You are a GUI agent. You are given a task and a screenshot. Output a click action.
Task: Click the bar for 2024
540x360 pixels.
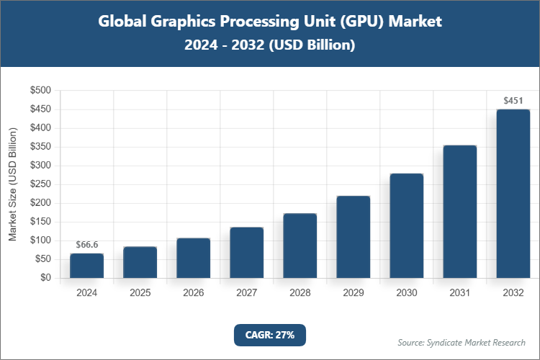click(87, 266)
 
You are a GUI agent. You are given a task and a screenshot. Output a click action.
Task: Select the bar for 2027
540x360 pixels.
click(247, 253)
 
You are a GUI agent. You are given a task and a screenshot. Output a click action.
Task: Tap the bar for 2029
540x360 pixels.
click(354, 237)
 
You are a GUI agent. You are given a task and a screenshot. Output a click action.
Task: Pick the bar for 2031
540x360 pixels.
click(460, 212)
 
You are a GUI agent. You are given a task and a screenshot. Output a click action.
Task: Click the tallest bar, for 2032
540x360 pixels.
click(513, 194)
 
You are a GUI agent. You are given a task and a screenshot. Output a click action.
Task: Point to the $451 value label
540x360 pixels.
click(513, 100)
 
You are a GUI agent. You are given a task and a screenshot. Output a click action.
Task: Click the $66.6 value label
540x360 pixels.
click(87, 245)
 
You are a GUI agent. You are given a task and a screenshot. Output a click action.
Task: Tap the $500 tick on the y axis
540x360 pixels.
click(40, 91)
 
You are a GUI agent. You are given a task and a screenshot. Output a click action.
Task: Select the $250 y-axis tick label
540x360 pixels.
click(40, 184)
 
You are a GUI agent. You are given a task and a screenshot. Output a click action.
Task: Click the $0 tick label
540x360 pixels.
click(45, 278)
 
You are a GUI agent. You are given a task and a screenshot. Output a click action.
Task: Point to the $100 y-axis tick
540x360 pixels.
click(40, 240)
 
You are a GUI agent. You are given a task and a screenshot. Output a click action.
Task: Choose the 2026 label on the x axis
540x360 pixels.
click(194, 293)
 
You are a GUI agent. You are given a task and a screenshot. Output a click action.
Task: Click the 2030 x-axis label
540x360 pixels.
click(407, 293)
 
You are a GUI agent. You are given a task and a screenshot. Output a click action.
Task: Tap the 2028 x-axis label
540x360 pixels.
click(300, 293)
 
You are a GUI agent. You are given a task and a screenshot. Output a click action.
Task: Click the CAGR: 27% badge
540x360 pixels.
click(270, 335)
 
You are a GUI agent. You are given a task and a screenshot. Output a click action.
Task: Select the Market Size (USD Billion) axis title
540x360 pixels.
click(12, 184)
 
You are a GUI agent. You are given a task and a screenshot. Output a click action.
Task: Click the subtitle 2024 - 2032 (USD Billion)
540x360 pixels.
click(270, 45)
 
